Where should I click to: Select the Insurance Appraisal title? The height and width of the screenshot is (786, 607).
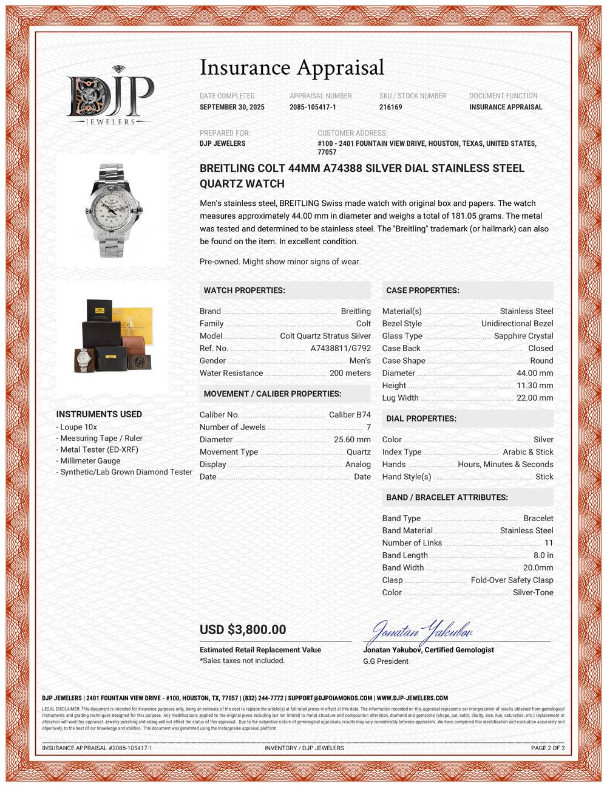click(291, 67)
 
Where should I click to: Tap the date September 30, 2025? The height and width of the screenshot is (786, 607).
click(232, 107)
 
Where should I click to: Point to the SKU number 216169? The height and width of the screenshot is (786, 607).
click(390, 107)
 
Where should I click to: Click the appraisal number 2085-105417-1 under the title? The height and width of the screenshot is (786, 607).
click(313, 107)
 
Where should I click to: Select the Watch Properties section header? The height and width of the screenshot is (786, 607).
click(245, 290)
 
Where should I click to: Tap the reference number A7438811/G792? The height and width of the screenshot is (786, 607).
click(340, 348)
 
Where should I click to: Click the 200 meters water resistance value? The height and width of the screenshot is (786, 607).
click(350, 373)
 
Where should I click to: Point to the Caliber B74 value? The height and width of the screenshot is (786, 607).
click(350, 415)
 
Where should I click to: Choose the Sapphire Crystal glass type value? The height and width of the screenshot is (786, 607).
click(523, 336)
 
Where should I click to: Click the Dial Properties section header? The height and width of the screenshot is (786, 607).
click(421, 419)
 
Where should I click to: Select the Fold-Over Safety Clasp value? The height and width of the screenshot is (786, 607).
click(512, 580)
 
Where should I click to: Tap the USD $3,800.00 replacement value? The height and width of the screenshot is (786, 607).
click(243, 630)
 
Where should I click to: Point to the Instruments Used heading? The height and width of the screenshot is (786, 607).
click(99, 414)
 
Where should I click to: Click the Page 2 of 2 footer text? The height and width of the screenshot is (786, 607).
click(548, 748)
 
